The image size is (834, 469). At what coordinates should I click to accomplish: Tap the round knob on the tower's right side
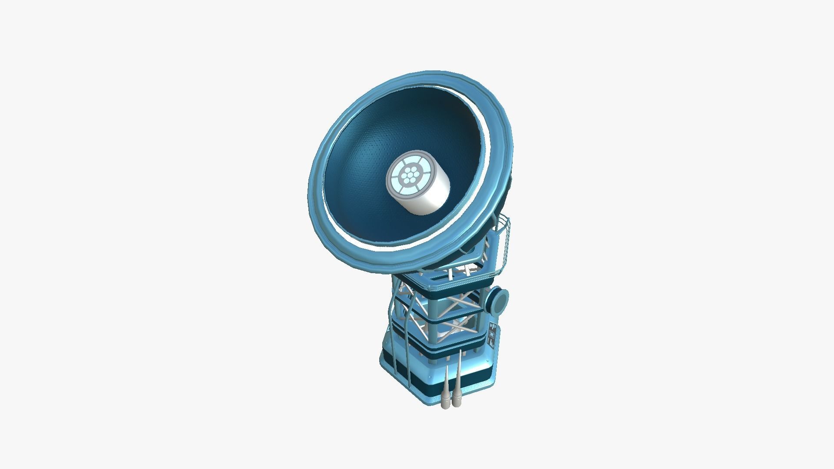pyautogui.click(x=500, y=300)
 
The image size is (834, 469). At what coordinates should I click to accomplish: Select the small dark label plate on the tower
pyautogui.click(x=492, y=335)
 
